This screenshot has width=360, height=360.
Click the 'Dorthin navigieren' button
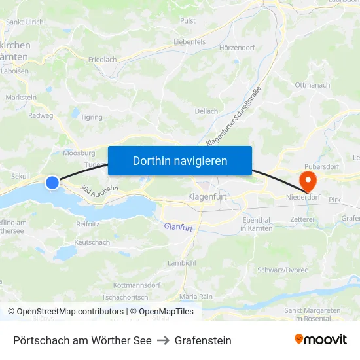(180, 160)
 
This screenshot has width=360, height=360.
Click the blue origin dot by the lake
(52, 183)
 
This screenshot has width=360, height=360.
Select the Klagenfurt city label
(206, 196)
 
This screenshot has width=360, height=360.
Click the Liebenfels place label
(190, 41)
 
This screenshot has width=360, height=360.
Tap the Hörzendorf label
(236, 48)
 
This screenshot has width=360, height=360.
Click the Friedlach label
(102, 59)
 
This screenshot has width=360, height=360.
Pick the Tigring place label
(91, 117)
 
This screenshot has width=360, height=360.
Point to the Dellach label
(206, 111)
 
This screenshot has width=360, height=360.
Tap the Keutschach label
(92, 242)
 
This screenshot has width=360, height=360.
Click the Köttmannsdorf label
(136, 285)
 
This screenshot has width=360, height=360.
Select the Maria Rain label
(196, 297)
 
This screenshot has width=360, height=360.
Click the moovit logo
(321, 339)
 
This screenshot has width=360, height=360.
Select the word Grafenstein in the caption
(202, 340)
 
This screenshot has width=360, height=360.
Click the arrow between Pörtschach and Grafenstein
(162, 340)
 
